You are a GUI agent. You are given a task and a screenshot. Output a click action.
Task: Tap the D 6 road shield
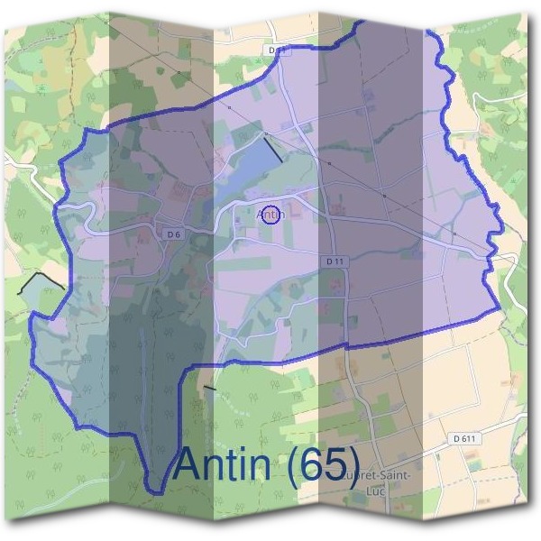(175, 234)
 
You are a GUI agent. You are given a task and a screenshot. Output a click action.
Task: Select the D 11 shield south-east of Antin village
(335, 261)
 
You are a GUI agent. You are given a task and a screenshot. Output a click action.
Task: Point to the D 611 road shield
(464, 438)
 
